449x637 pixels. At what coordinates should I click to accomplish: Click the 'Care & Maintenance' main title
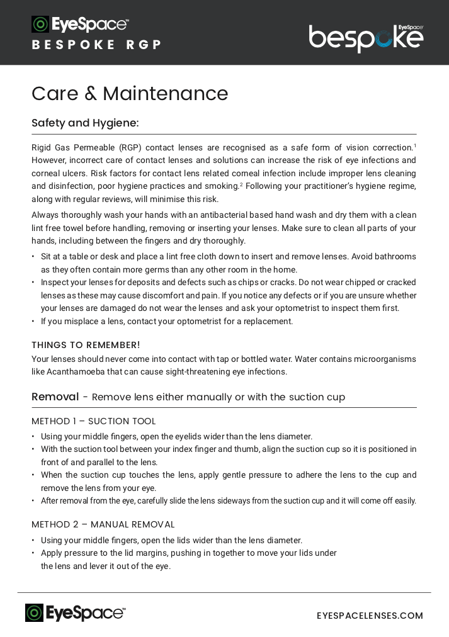point(130,94)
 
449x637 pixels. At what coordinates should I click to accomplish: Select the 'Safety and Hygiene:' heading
point(85,123)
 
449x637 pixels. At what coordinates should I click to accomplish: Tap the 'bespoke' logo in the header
point(366,38)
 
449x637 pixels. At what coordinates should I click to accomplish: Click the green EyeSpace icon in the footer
point(35,613)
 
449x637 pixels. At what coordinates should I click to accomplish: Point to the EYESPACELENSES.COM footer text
point(370,616)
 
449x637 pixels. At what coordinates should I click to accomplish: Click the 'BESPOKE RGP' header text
point(97,45)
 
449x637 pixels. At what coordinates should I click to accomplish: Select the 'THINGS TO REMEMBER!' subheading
point(86,345)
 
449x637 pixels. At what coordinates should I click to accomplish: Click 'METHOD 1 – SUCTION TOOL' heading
point(93,421)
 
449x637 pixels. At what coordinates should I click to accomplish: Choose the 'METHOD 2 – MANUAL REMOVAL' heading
point(103,524)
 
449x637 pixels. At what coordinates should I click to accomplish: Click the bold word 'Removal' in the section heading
point(55,397)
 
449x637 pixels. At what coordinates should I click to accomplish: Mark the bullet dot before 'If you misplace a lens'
point(34,322)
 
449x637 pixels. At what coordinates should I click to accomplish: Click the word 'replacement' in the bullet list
point(268,321)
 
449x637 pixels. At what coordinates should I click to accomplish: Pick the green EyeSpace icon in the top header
point(40,24)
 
